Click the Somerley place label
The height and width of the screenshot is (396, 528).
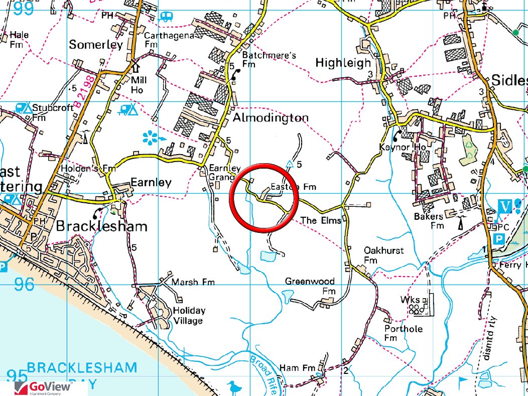[x=96, y=45]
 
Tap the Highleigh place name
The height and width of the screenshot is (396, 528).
[x=343, y=63]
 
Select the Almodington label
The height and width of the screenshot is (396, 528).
[x=271, y=118]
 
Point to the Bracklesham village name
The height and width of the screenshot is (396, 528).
[x=102, y=226]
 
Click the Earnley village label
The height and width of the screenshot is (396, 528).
[x=151, y=182]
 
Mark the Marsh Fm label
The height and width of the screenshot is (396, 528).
[x=193, y=283]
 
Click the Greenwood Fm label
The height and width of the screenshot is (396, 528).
[x=310, y=286]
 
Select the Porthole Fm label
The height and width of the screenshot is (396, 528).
[x=404, y=333]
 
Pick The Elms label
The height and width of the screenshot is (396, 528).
[x=321, y=220]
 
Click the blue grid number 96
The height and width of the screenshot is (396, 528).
[x=25, y=284]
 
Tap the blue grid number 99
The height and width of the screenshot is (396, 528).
[x=23, y=9]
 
